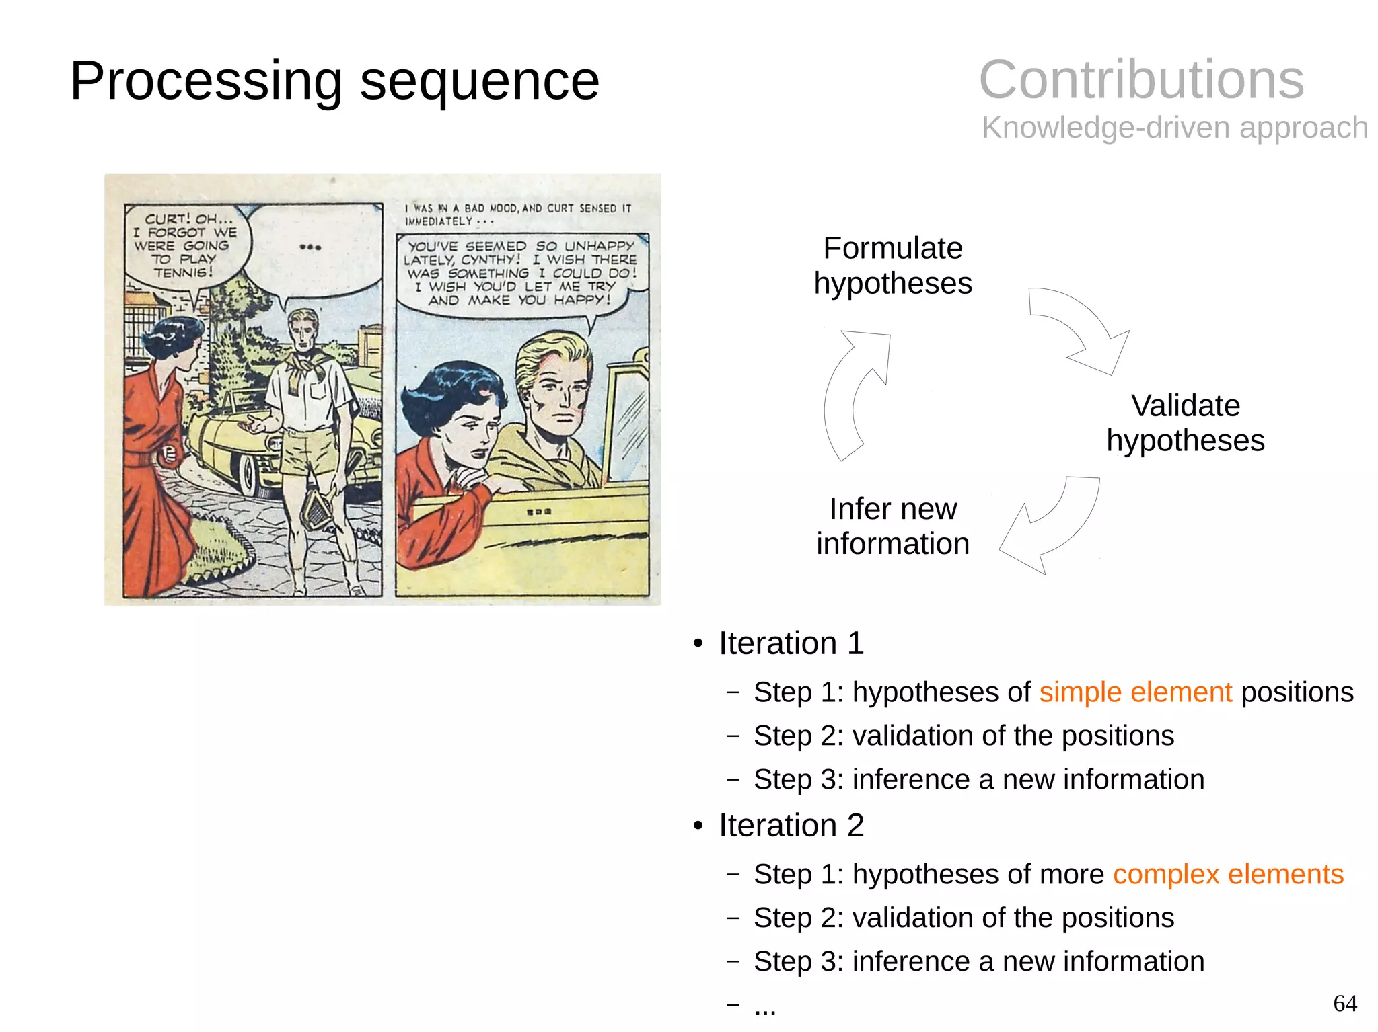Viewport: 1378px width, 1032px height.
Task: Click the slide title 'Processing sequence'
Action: pyautogui.click(x=334, y=81)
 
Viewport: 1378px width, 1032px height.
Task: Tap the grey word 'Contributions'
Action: pyautogui.click(x=1141, y=80)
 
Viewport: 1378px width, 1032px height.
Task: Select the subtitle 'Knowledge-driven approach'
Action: pyautogui.click(x=1174, y=128)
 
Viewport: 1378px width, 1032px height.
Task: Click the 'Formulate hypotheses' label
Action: pyautogui.click(x=892, y=266)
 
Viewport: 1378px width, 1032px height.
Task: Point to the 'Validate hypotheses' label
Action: pyautogui.click(x=1185, y=423)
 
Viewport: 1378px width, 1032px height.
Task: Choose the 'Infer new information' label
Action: pyautogui.click(x=892, y=526)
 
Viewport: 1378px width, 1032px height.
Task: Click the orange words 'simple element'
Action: pyautogui.click(x=1135, y=692)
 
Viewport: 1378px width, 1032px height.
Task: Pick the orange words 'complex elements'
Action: pyautogui.click(x=1228, y=875)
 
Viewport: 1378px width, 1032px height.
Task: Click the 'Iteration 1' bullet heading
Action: pyautogui.click(x=791, y=643)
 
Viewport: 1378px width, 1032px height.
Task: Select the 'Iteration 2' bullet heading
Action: pyautogui.click(x=791, y=826)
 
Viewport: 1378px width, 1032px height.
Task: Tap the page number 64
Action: pyautogui.click(x=1344, y=1004)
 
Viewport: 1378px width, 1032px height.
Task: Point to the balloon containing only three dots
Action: pyautogui.click(x=311, y=249)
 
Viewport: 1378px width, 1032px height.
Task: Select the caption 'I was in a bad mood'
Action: pyautogui.click(x=518, y=214)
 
